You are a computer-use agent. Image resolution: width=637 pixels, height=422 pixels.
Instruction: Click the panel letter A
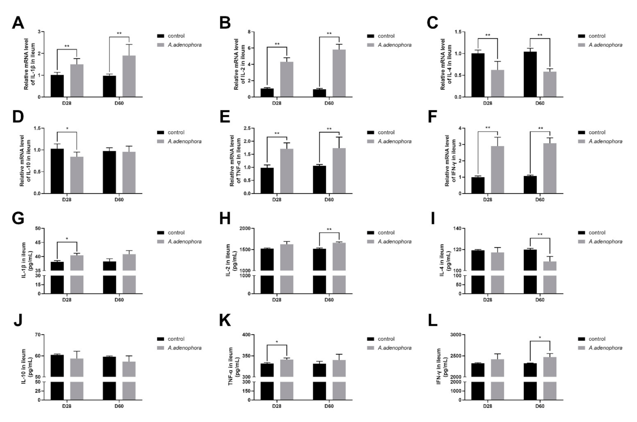18,23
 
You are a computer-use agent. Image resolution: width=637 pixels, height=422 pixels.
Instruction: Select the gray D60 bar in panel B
339,73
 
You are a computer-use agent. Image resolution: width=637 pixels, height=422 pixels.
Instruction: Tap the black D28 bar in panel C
478,75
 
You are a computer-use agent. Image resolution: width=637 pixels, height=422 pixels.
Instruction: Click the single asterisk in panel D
67,129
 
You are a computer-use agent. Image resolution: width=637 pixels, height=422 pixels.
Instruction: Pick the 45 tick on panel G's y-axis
37,242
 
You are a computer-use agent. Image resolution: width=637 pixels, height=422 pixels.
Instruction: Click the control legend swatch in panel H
371,233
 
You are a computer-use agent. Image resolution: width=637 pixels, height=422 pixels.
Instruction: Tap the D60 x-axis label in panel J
119,406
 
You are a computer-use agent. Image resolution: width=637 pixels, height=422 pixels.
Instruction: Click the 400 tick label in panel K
246,335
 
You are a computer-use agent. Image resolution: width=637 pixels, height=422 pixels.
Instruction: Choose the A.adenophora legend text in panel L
605,348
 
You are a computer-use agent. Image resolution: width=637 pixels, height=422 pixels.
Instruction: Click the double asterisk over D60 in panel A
119,34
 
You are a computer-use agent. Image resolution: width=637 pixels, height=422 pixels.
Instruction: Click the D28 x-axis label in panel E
276,200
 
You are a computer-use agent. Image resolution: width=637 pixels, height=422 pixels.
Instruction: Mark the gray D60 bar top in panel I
550,262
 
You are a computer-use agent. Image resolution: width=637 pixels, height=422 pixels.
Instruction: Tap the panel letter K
225,321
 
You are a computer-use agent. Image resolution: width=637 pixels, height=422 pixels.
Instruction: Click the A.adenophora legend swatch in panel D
161,141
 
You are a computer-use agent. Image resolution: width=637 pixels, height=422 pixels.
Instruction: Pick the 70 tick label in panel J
37,335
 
